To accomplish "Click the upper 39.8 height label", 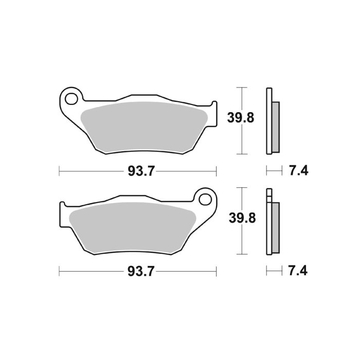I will click(x=241, y=118).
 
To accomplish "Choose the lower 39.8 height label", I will click(x=241, y=218).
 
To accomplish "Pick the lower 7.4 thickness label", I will click(x=298, y=271).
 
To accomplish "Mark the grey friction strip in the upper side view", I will click(x=275, y=127).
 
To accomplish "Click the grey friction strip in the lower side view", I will click(x=275, y=227).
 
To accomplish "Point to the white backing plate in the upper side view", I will click(x=268, y=121).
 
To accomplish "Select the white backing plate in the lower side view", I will click(x=268, y=226).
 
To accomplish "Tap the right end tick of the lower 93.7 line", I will click(x=217, y=271).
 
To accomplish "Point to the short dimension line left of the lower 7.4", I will click(x=274, y=271).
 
